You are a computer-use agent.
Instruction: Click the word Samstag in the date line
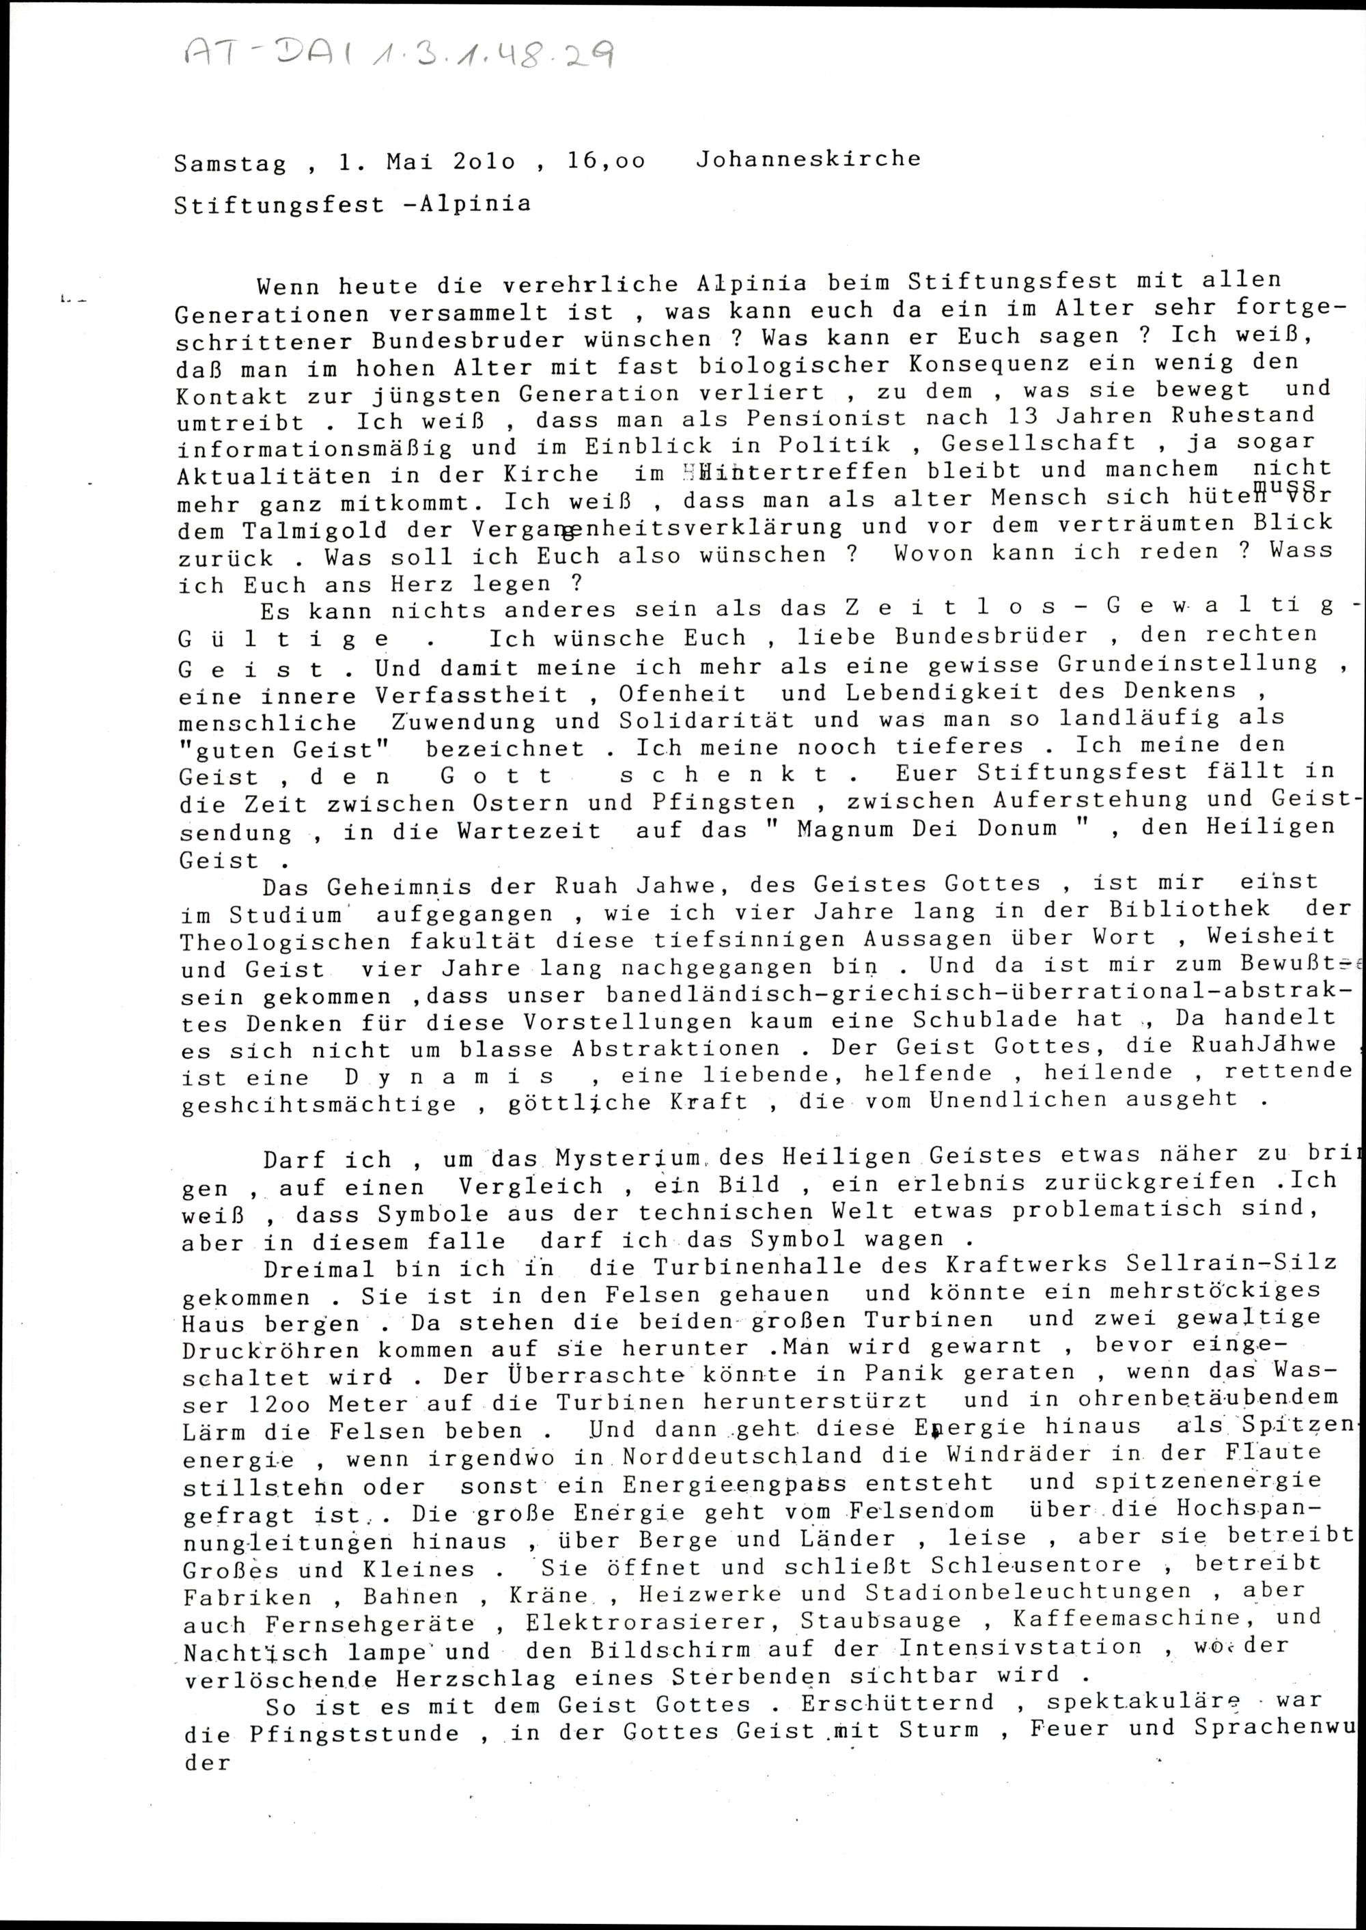(x=229, y=163)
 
